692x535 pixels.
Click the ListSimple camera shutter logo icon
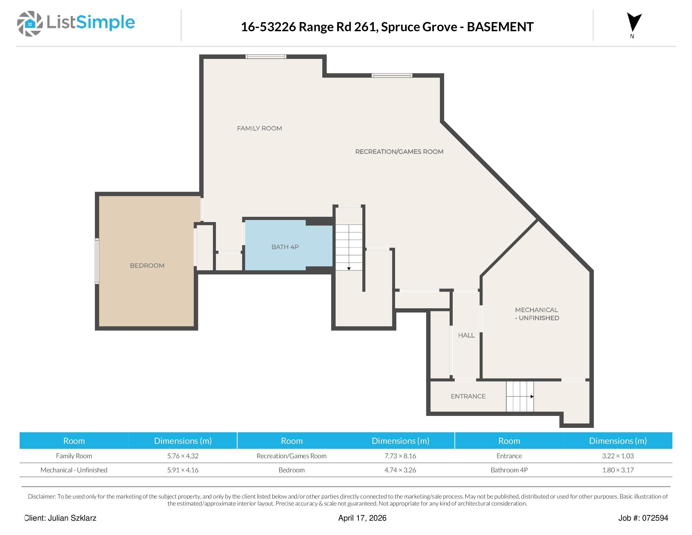[30, 24]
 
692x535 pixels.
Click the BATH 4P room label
[285, 247]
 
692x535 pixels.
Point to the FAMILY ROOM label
[259, 128]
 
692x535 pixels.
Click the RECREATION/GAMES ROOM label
[399, 152]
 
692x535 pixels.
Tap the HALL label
[466, 335]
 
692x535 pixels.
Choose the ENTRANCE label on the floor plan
[468, 396]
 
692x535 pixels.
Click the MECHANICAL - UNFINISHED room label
[537, 314]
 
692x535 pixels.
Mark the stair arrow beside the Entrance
[532, 397]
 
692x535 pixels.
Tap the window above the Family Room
[266, 57]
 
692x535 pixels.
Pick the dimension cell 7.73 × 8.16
[400, 456]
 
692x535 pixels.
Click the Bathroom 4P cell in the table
[509, 470]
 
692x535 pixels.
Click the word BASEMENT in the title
[500, 27]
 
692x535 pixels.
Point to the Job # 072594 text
[643, 518]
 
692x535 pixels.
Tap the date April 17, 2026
[362, 518]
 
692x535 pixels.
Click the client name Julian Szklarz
[72, 518]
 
